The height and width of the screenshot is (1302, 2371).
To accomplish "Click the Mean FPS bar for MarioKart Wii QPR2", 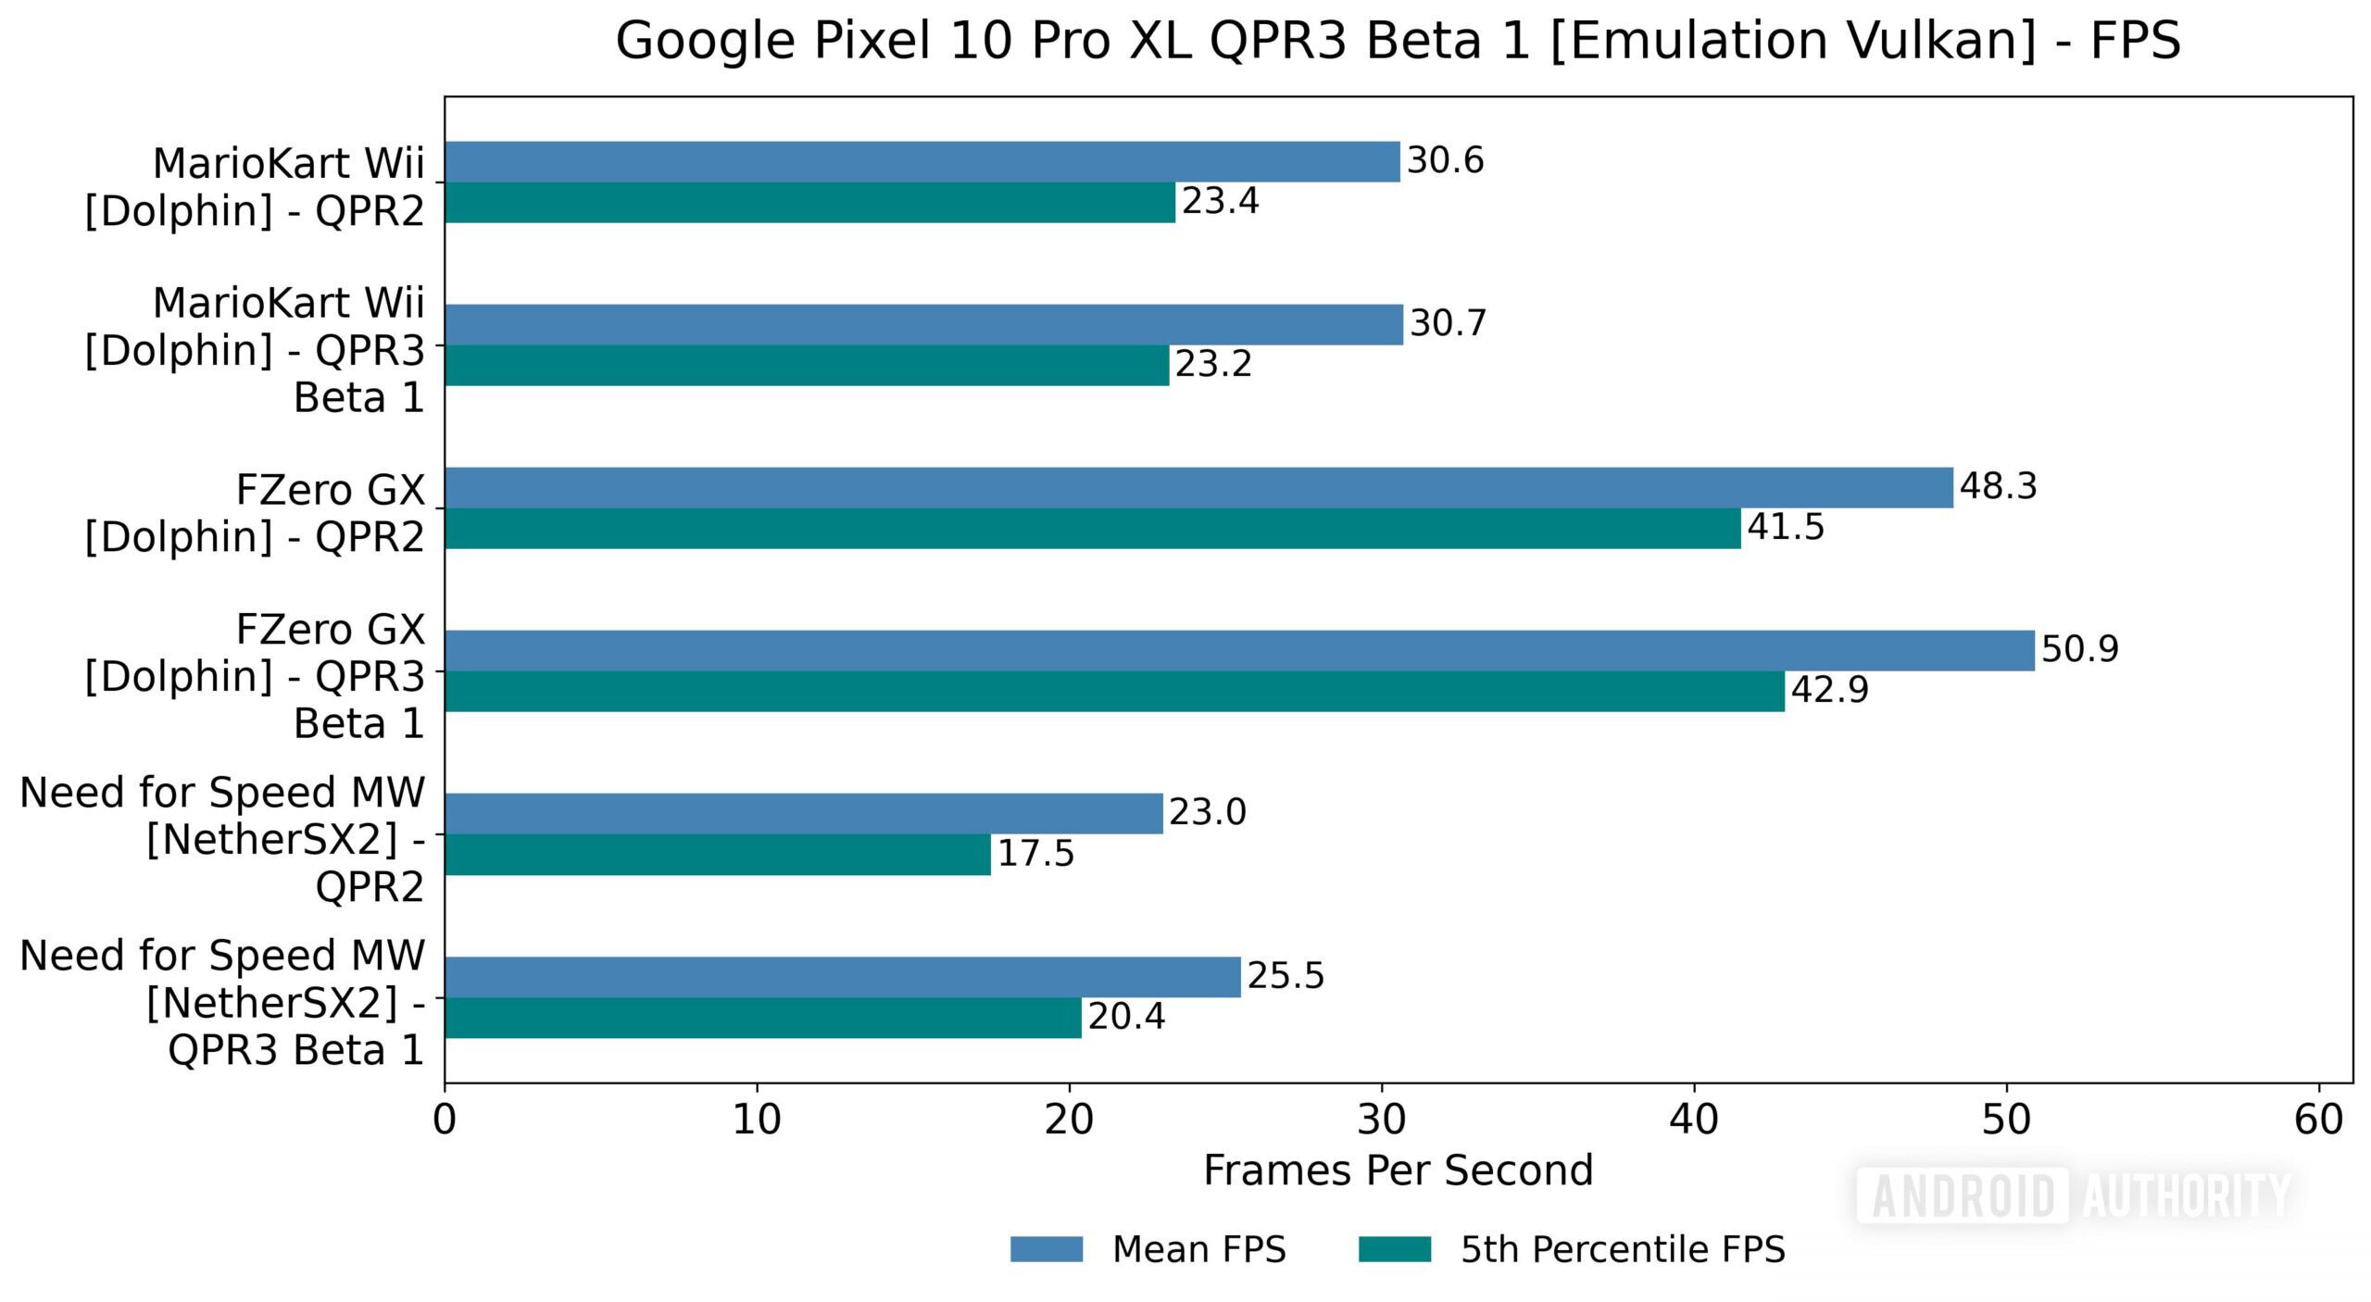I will pyautogui.click(x=922, y=161).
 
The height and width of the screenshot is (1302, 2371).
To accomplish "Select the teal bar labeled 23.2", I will pyautogui.click(x=806, y=365).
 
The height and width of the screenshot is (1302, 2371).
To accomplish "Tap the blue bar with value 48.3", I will pyautogui.click(x=1198, y=487).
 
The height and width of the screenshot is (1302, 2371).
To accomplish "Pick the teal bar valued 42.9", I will pyautogui.click(x=1114, y=691).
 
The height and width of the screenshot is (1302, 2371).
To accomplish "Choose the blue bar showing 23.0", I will pyautogui.click(x=803, y=813).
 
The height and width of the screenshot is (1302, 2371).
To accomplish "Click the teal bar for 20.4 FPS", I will pyautogui.click(x=762, y=1017).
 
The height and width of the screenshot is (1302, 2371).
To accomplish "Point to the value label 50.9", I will pyautogui.click(x=2079, y=649).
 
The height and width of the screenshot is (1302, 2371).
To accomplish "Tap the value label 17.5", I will pyautogui.click(x=1035, y=854).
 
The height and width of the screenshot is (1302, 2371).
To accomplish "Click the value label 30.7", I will pyautogui.click(x=1448, y=323).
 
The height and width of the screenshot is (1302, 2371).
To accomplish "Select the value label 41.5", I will pyautogui.click(x=1785, y=527).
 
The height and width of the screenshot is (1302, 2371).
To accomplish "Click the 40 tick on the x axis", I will pyautogui.click(x=1694, y=1120).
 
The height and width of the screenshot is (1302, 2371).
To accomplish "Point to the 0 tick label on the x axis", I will pyautogui.click(x=445, y=1120).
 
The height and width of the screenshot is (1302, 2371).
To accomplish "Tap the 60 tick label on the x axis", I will pyautogui.click(x=2318, y=1120).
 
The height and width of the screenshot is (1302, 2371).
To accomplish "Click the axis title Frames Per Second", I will pyautogui.click(x=1398, y=1171).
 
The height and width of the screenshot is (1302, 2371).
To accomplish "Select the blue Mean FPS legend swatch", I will pyautogui.click(x=1046, y=1248).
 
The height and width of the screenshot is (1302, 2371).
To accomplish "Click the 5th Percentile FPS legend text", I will pyautogui.click(x=1623, y=1249).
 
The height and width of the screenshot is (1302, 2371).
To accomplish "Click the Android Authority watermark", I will pyautogui.click(x=2075, y=1196).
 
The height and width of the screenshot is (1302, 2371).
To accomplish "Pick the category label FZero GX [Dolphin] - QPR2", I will pyautogui.click(x=255, y=513).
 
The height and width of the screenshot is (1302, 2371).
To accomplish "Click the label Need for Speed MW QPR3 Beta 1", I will pyautogui.click(x=222, y=1002).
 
